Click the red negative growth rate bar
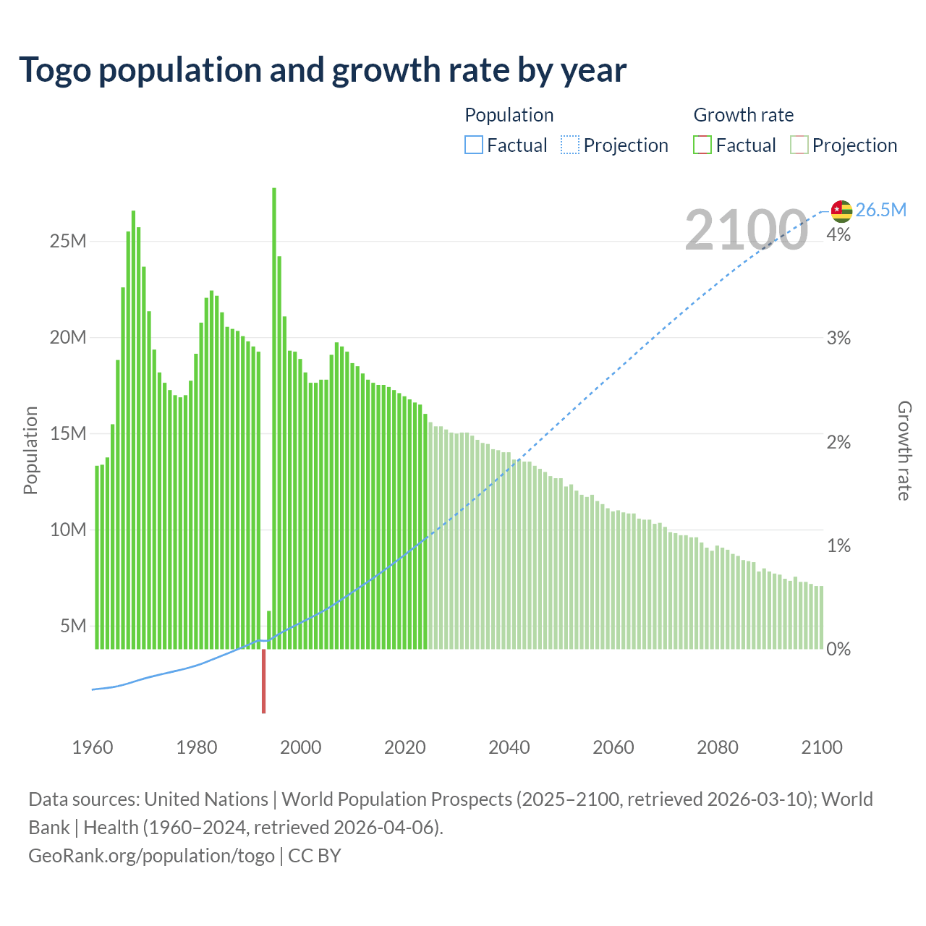click(x=263, y=681)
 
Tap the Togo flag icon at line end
click(x=841, y=211)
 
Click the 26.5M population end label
click(x=880, y=211)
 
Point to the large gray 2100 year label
click(x=746, y=230)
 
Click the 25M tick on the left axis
click(x=68, y=241)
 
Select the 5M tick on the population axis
click(x=73, y=626)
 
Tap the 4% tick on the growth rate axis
click(x=838, y=235)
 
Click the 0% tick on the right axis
click(x=838, y=649)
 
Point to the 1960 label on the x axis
click(x=93, y=747)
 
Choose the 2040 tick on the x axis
click(x=509, y=747)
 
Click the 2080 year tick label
click(x=718, y=747)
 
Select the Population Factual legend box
click(x=474, y=145)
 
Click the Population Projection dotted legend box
click(x=570, y=145)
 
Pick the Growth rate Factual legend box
click(x=702, y=145)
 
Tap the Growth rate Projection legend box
click(x=799, y=145)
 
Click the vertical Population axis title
click(x=30, y=450)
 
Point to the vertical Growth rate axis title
click(x=904, y=450)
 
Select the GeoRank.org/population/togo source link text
click(x=151, y=856)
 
